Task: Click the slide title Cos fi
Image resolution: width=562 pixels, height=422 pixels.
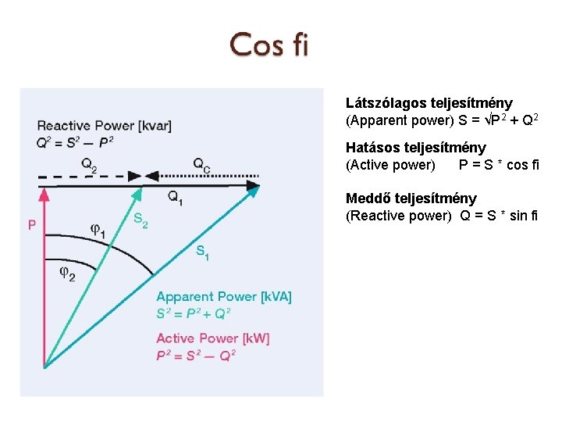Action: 269,45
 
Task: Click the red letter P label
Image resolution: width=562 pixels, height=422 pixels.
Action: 32,225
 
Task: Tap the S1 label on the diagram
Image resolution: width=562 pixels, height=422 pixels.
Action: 202,252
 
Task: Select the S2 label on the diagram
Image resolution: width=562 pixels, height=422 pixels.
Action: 140,220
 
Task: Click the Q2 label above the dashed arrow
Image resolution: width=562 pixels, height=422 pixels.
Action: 89,164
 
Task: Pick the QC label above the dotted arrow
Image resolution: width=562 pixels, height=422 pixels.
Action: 201,164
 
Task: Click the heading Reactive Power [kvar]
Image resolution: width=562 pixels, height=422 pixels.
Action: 104,126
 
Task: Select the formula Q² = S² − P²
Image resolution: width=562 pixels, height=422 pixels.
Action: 75,141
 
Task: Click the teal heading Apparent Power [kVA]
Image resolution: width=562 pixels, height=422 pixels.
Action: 224,297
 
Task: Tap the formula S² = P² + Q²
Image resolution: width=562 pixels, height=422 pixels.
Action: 194,313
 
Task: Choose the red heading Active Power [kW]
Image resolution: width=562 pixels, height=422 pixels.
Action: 213,338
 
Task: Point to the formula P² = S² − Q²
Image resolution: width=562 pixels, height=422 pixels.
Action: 195,355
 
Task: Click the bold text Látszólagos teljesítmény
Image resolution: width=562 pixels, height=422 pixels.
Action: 429,103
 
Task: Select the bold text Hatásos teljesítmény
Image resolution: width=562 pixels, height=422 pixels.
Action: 416,148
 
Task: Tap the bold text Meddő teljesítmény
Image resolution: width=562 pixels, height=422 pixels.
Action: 411,198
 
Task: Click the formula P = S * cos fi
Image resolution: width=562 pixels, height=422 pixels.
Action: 499,165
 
